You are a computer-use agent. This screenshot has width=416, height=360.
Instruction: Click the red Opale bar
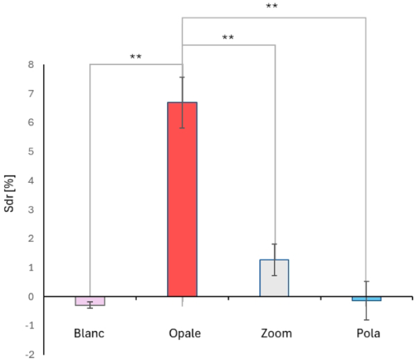182,200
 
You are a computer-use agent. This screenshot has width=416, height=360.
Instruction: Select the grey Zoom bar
274,278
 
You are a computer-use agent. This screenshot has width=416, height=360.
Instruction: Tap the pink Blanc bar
90,301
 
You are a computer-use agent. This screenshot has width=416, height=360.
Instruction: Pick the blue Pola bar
366,299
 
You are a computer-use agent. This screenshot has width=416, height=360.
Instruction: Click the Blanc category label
90,333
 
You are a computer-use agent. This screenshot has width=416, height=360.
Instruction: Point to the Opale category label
182,333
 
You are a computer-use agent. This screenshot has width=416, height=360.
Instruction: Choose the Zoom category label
275,333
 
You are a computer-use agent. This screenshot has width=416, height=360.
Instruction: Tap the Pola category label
366,333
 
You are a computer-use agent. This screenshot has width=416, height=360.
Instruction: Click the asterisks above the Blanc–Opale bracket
136,58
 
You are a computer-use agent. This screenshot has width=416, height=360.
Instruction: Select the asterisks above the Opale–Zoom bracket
228,38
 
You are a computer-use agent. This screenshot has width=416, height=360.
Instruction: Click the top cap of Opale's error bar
182,77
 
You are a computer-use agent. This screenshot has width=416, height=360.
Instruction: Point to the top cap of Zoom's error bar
275,244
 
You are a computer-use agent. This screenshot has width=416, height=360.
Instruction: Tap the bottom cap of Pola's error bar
366,320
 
